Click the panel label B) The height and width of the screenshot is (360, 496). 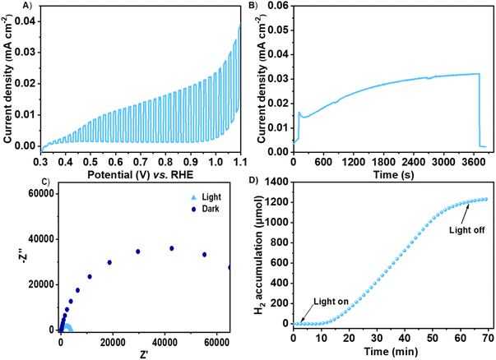pyautogui.click(x=256, y=6)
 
